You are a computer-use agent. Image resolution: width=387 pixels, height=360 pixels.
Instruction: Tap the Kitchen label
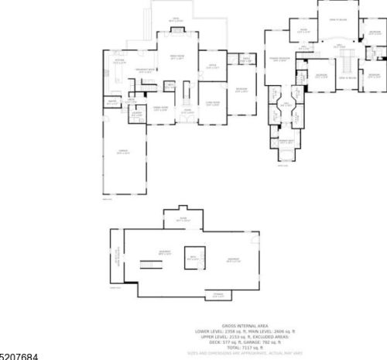coord(120,60)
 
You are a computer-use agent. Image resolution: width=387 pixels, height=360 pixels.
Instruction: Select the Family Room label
coord(177,57)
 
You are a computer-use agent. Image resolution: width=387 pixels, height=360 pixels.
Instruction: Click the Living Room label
coord(212,103)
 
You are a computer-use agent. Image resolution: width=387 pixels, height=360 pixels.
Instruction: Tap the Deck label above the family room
coord(176,19)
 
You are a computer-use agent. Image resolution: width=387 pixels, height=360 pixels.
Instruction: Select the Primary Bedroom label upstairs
coord(279,59)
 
